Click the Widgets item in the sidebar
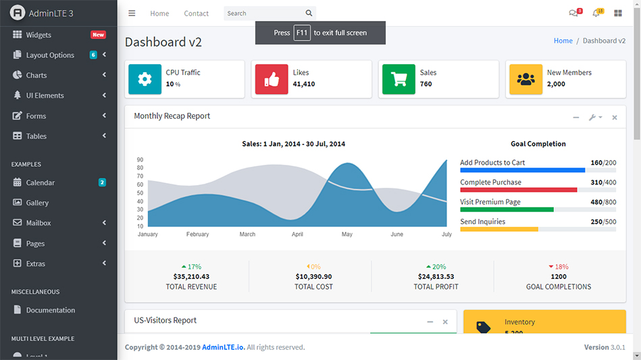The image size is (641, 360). tap(39, 35)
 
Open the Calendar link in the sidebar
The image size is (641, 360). tap(40, 182)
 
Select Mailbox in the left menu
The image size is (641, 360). tap(39, 223)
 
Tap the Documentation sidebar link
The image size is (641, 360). tap(50, 310)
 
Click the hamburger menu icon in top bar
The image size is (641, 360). tap(132, 14)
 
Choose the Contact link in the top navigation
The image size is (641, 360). tap(196, 14)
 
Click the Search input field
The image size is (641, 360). tap(263, 14)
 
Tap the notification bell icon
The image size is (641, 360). tap(596, 14)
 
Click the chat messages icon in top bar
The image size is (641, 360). tap(573, 14)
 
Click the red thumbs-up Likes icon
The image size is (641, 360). tap(272, 79)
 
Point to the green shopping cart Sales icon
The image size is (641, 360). tap(399, 79)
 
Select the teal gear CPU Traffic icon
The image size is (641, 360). tap(145, 79)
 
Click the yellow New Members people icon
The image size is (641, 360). tap(525, 79)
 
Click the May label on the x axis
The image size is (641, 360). tap(347, 234)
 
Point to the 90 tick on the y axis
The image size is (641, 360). tap(140, 160)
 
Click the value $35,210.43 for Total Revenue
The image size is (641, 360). tap(191, 276)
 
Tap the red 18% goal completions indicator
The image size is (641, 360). tap(559, 267)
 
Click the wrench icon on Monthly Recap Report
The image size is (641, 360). tap(593, 118)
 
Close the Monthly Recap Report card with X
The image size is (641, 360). tap(615, 118)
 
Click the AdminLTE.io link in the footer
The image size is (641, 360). tap(223, 347)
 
